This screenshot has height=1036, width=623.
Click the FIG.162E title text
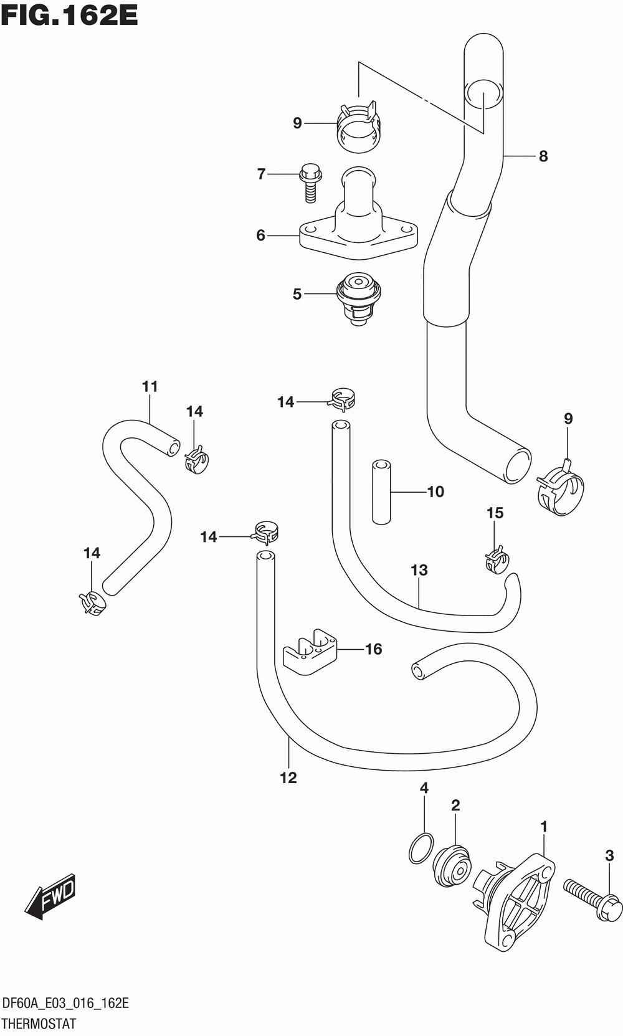(69, 15)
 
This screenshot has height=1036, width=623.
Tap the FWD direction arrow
(52, 898)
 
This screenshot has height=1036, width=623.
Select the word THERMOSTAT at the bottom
(39, 1024)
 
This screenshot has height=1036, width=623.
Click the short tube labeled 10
(381, 492)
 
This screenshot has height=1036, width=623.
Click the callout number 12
(288, 777)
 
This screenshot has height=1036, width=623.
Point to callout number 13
(419, 570)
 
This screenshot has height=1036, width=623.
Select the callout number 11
(150, 387)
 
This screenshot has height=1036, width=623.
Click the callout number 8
(543, 156)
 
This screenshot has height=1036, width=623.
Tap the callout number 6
(260, 235)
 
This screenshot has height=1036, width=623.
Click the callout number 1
(544, 827)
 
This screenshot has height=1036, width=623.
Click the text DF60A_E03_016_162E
(65, 1004)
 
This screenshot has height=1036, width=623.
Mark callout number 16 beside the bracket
(373, 649)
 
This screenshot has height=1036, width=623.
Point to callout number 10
(435, 492)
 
